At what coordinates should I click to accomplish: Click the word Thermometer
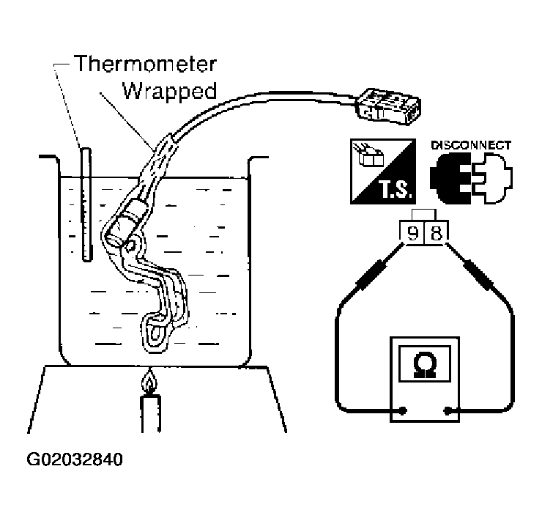(145, 64)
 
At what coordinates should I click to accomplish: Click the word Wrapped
(170, 92)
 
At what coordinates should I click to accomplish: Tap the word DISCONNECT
(471, 145)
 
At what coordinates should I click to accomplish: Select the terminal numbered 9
(412, 233)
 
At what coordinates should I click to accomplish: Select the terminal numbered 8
(437, 233)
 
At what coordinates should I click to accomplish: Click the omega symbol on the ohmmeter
(425, 364)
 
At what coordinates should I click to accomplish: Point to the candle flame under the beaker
(149, 382)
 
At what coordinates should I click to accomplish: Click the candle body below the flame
(150, 413)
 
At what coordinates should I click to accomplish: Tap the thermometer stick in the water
(86, 204)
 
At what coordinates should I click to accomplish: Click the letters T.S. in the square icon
(396, 190)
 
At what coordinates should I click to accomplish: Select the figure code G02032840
(75, 459)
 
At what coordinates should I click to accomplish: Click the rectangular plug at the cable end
(388, 106)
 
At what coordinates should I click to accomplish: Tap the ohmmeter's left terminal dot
(402, 410)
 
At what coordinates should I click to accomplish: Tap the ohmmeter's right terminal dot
(448, 410)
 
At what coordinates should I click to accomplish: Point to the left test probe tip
(401, 245)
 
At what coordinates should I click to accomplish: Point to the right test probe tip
(448, 245)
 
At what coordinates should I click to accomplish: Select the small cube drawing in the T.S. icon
(371, 158)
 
